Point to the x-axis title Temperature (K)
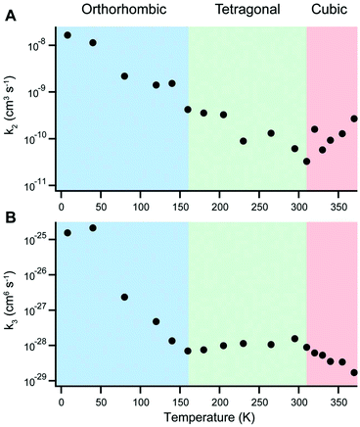(x=206, y=418)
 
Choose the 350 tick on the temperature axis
(x=338, y=400)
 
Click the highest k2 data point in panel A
(x=67, y=35)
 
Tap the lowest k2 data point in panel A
(x=306, y=162)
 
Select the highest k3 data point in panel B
(x=93, y=228)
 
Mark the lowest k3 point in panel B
(x=354, y=373)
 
